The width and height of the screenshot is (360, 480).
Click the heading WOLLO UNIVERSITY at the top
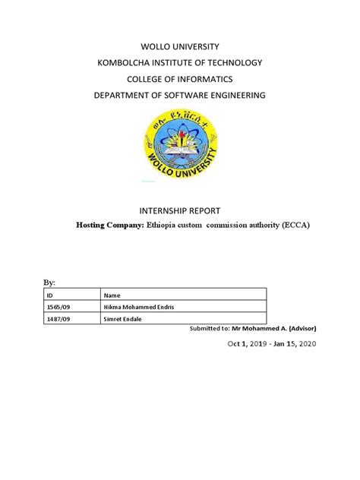[180, 47]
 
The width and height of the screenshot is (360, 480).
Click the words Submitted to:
[210, 328]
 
